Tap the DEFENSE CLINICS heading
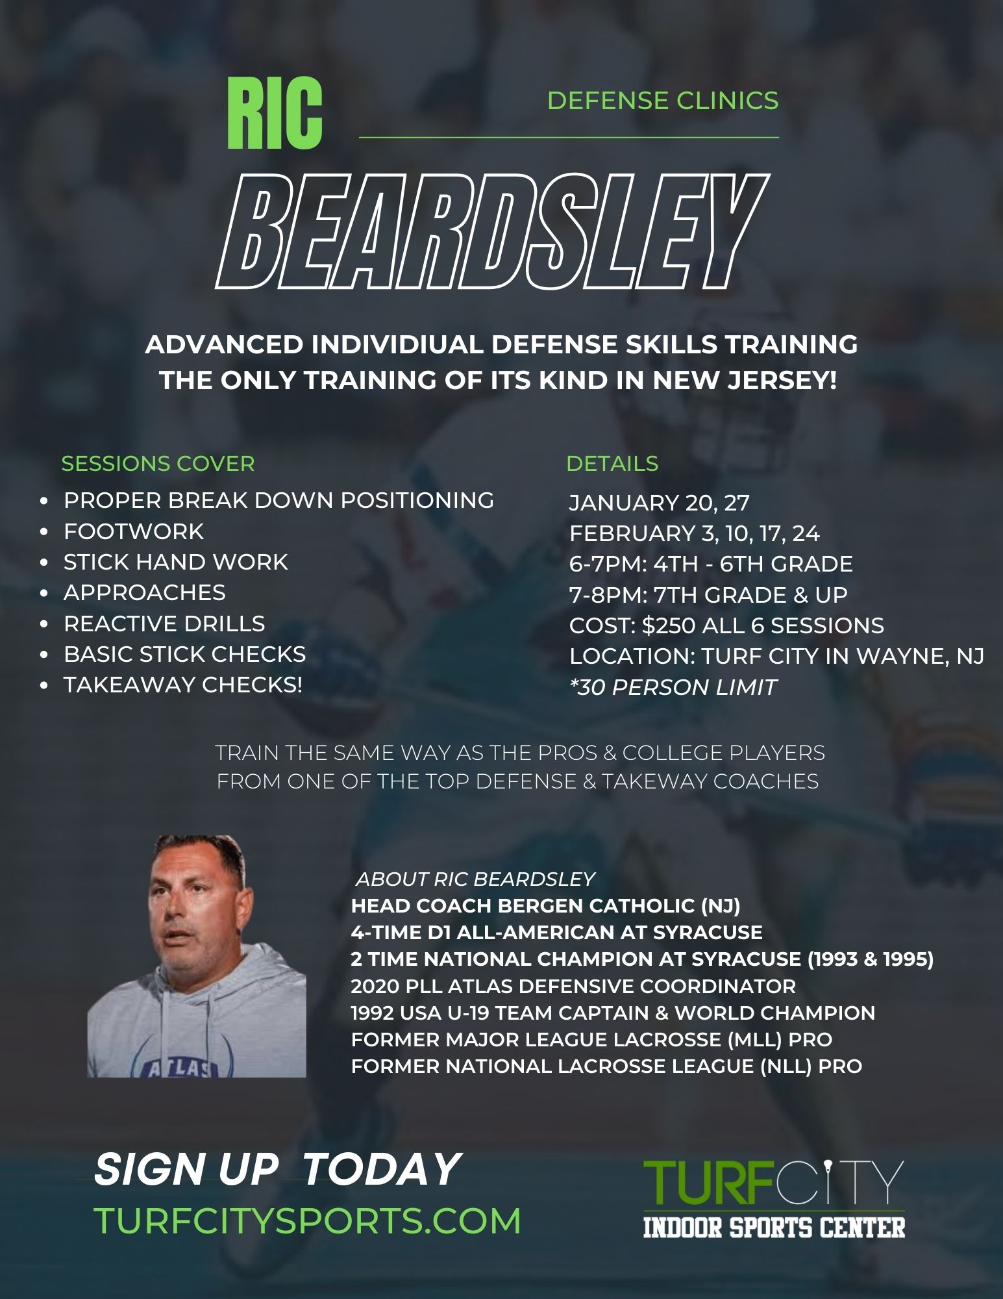[663, 101]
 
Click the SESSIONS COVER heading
[158, 464]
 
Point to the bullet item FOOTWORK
[134, 531]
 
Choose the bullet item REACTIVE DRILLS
[164, 624]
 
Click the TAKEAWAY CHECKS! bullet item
[183, 685]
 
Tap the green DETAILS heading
[612, 464]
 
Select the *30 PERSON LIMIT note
[673, 687]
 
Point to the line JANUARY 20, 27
[660, 503]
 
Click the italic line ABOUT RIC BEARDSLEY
[475, 879]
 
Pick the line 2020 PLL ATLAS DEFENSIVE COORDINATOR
[573, 986]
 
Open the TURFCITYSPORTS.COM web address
[308, 1221]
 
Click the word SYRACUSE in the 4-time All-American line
[708, 932]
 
